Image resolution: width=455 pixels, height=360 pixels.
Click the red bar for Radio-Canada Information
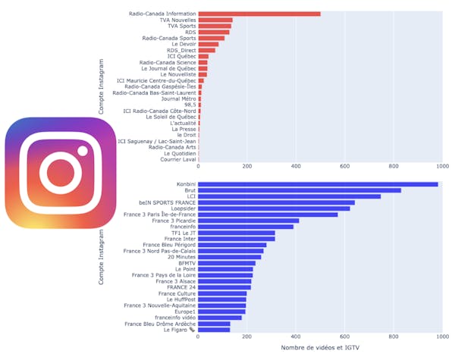(259, 14)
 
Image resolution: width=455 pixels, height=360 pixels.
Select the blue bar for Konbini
(318, 184)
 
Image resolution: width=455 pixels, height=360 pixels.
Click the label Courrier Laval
(178, 159)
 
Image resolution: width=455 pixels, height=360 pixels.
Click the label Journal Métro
(178, 99)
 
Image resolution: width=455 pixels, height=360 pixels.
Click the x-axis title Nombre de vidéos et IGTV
(319, 348)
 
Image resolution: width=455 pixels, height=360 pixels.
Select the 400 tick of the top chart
(296, 165)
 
